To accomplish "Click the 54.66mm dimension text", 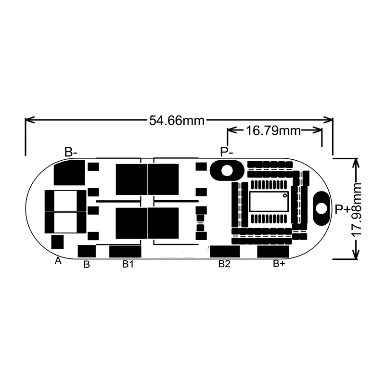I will coord(177,120).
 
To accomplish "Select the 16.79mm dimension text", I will coord(273,130).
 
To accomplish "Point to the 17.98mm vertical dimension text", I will coord(357,209).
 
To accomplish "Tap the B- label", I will coord(71,152).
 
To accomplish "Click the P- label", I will coord(227,152).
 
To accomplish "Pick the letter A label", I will coord(58,260).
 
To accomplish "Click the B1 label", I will coord(128,264).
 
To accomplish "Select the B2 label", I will coord(225,264).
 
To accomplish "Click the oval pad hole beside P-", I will coord(226,170).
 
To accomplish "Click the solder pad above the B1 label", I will coord(125,251).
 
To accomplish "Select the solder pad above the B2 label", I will coord(225,251).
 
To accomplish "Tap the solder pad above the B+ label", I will coord(273,251).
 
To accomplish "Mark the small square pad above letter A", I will coord(57,241).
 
